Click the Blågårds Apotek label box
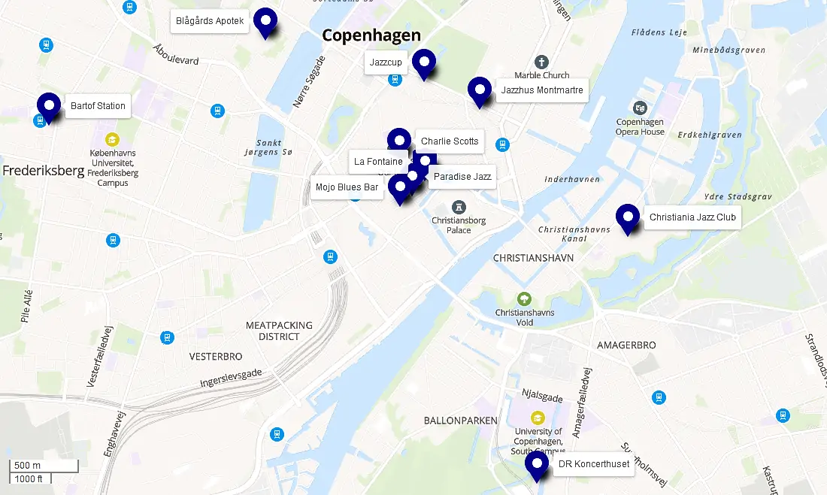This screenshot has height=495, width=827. [x=210, y=21]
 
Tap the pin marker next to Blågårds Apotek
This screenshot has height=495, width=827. [x=265, y=20]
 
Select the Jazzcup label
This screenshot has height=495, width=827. [x=386, y=62]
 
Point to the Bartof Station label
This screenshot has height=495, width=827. [x=98, y=106]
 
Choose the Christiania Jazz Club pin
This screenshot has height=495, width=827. [x=628, y=217]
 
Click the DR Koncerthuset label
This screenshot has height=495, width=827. [x=593, y=464]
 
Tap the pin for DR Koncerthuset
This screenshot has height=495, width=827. [x=537, y=463]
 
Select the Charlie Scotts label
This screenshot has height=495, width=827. [x=450, y=141]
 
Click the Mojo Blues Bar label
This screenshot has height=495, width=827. [x=347, y=187]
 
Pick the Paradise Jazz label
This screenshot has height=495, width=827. [x=462, y=177]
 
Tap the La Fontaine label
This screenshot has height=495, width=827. [x=378, y=161]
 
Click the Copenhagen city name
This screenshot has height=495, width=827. [x=371, y=35]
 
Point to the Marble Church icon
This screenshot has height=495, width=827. [x=541, y=62]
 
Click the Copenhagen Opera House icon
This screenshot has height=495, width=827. [x=640, y=108]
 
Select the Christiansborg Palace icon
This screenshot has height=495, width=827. [x=459, y=207]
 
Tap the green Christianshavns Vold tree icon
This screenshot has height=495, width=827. [x=525, y=299]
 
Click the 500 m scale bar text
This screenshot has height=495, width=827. [x=28, y=465]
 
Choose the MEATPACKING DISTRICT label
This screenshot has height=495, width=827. [x=279, y=331]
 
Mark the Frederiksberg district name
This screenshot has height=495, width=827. [x=43, y=171]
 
